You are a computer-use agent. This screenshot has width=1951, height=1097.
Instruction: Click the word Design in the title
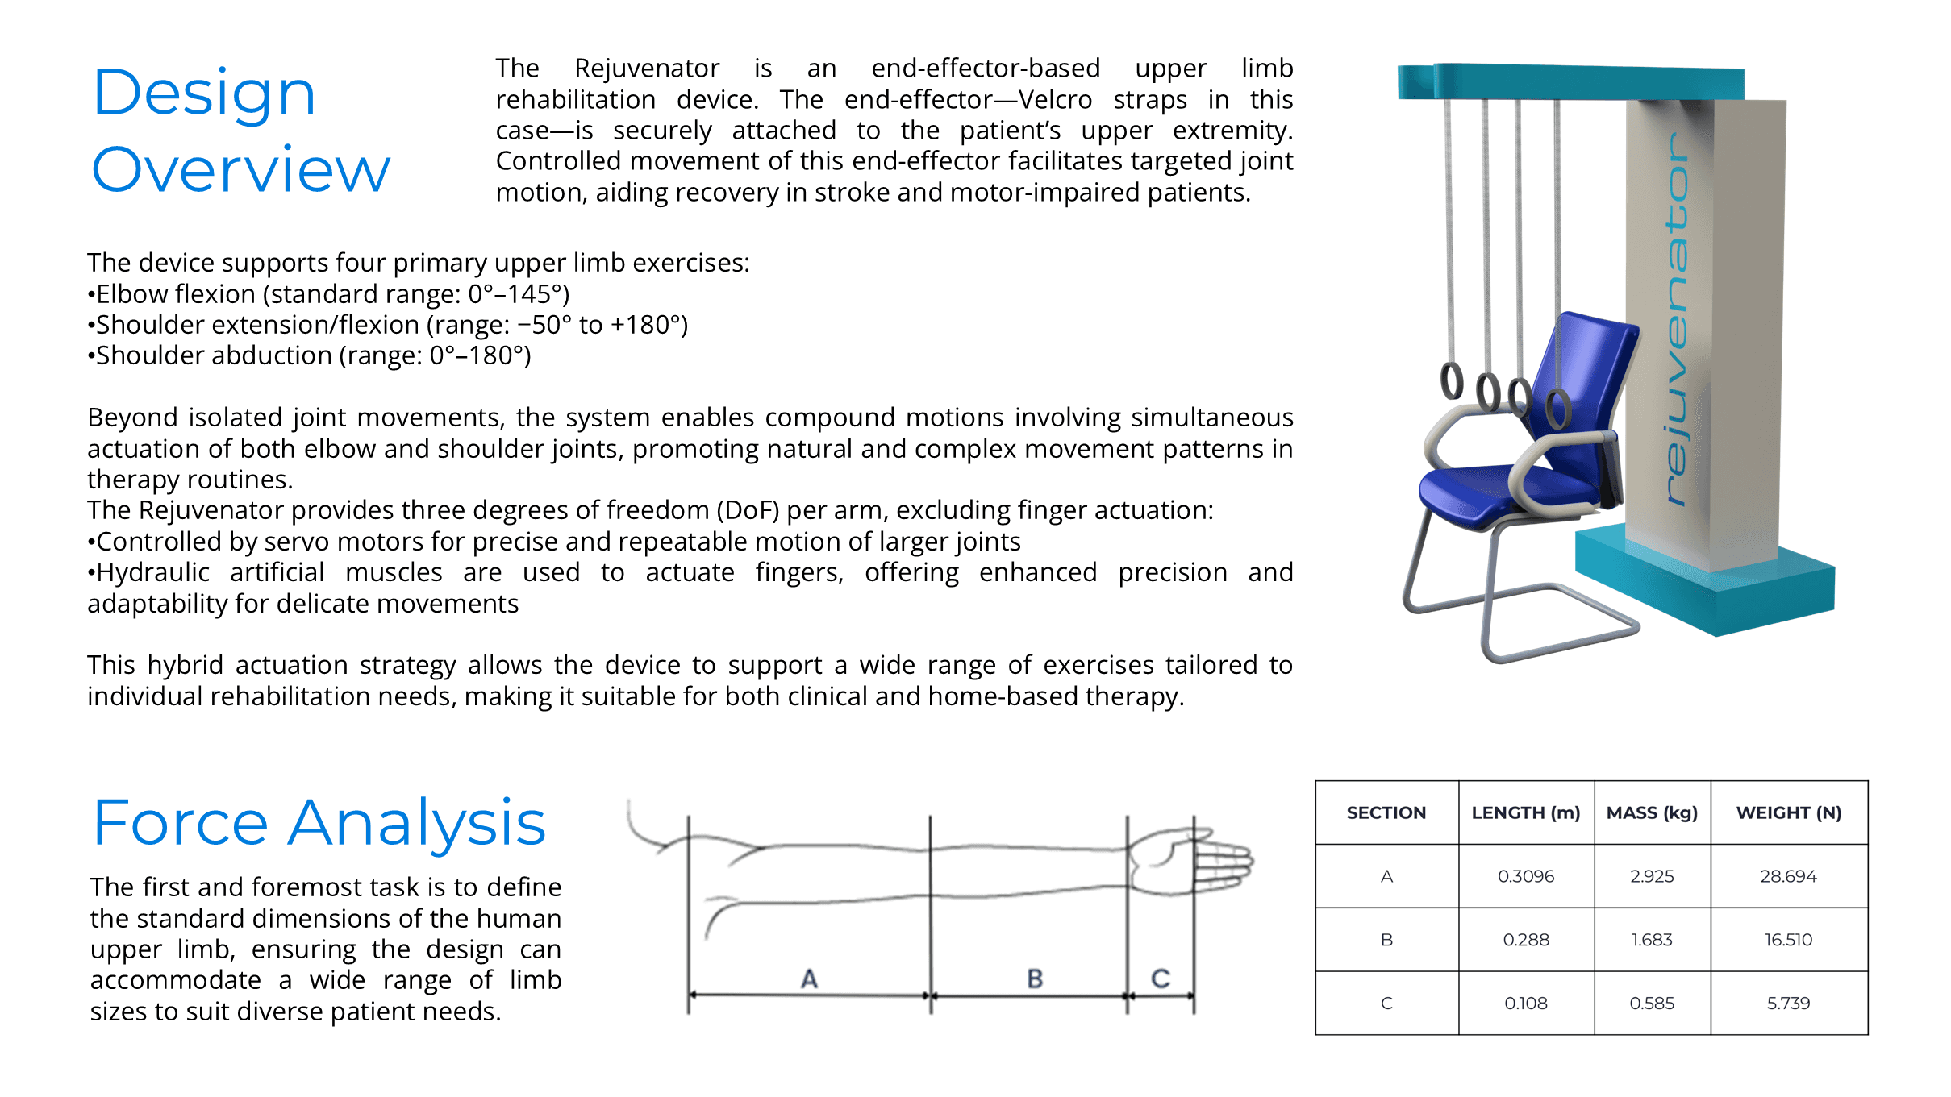coord(204,93)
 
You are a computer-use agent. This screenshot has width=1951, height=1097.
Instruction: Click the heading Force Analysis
coord(319,823)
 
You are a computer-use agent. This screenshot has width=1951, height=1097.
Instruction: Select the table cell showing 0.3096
coord(1525,876)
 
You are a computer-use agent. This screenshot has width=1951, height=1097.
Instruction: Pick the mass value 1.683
coord(1651,940)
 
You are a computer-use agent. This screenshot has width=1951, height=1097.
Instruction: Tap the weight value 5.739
coord(1788,1004)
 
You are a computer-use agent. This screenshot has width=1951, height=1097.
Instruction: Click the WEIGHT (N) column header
coord(1788,812)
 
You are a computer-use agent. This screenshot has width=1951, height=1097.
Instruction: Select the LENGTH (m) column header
coord(1525,812)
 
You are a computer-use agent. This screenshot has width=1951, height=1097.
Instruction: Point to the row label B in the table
coord(1386,940)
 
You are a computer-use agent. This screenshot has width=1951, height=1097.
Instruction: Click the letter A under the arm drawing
coord(809,979)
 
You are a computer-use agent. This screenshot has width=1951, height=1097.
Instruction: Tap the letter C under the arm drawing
coord(1160,979)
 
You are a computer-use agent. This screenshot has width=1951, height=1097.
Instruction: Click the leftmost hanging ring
coord(1452,381)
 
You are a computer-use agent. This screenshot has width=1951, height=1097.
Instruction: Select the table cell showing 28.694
coord(1788,876)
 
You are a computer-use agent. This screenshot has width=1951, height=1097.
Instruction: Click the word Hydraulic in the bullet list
coord(152,572)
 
